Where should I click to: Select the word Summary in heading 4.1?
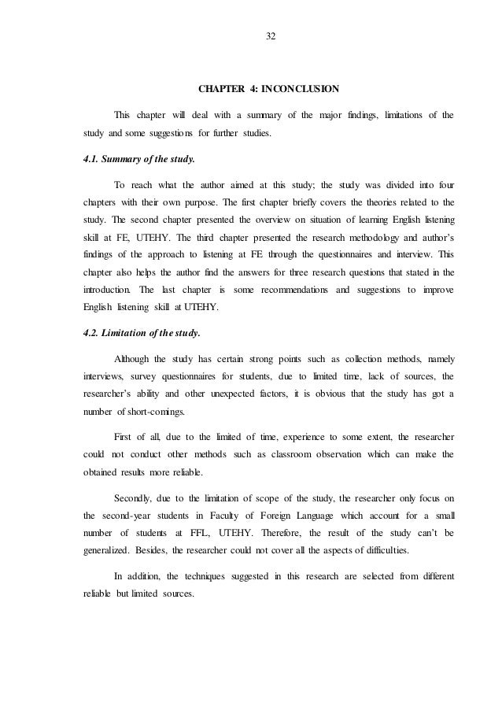(126, 158)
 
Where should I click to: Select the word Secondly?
(138, 498)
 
